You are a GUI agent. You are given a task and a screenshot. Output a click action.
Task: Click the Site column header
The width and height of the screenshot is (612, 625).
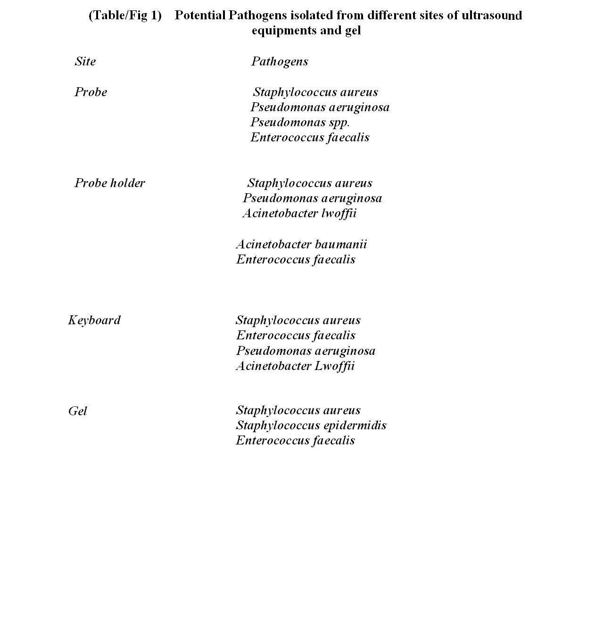(x=85, y=61)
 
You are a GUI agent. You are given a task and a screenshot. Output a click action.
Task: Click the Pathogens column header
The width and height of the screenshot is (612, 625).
(x=280, y=61)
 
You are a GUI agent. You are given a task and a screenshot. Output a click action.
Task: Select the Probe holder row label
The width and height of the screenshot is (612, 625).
(x=110, y=183)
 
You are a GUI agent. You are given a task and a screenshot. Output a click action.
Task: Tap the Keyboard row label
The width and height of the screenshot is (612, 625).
(x=94, y=320)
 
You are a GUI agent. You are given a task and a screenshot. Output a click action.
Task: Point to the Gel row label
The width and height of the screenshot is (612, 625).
(x=78, y=411)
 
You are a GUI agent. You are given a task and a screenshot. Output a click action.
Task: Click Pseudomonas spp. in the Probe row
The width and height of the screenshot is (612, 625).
(x=300, y=123)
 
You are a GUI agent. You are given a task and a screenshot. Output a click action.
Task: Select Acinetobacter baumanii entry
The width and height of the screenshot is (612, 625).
(x=301, y=244)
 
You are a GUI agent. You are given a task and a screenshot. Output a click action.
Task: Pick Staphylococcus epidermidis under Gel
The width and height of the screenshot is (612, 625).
(x=311, y=425)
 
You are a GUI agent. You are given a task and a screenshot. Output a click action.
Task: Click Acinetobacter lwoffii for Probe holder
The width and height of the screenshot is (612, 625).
(x=299, y=213)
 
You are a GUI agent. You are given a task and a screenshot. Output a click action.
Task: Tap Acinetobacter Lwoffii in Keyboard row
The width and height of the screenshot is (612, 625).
(x=295, y=366)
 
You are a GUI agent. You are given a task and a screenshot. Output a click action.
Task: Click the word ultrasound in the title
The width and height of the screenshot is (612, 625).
(x=492, y=15)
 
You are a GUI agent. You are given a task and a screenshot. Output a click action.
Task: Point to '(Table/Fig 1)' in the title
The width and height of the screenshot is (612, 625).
(x=125, y=15)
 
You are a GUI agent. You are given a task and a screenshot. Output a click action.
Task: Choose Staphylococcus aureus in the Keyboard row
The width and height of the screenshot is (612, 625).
(x=298, y=320)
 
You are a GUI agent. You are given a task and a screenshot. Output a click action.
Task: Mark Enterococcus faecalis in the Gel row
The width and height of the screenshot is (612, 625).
(x=295, y=440)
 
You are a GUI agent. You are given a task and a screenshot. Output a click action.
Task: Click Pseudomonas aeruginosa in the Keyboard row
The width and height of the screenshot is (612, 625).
(x=306, y=351)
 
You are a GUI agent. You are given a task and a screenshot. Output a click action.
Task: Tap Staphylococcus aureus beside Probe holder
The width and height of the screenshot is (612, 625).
(x=310, y=183)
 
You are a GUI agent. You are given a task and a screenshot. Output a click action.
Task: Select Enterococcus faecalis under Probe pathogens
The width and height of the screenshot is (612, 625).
(x=310, y=137)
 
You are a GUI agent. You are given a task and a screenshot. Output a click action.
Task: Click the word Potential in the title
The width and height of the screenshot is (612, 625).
(x=200, y=15)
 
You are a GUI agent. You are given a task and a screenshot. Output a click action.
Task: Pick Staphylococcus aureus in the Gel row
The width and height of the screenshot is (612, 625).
(x=298, y=410)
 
